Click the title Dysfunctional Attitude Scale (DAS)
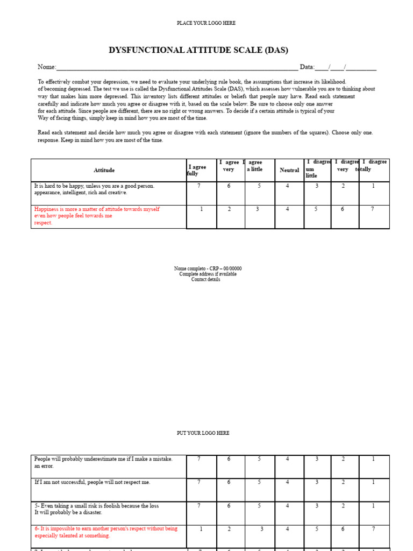click(198, 50)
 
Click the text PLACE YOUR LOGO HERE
click(206, 23)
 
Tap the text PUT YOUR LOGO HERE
click(203, 433)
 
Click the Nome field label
click(47, 67)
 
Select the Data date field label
click(307, 67)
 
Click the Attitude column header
click(104, 170)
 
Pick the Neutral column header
click(289, 170)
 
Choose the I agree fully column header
click(197, 171)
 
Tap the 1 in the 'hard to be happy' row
click(373, 186)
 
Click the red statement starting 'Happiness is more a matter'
click(97, 215)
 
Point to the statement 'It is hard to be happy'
click(94, 189)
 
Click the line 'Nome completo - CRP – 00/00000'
click(208, 269)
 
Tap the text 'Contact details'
click(205, 279)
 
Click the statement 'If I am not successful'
click(92, 482)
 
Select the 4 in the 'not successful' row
click(287, 482)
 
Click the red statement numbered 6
click(105, 532)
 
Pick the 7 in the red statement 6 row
click(373, 529)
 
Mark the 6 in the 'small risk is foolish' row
click(229, 506)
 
